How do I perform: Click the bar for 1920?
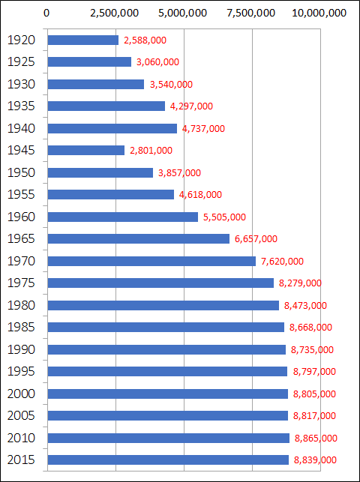coord(82,40)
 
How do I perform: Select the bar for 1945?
coord(85,150)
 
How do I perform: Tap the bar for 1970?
coord(151,261)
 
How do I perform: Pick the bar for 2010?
coord(168,438)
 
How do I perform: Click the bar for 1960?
coord(122,217)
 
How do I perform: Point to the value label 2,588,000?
coord(145,40)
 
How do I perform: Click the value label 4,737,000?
coord(203,128)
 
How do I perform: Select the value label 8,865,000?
coord(315,438)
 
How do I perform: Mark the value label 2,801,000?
coord(151,151)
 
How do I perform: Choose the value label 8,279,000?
coord(300,283)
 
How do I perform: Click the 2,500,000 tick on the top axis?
coord(115,13)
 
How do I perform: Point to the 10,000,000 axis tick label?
coord(319,13)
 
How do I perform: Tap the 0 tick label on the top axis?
coord(47,13)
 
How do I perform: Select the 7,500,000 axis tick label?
coord(252,13)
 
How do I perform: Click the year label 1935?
coord(19,106)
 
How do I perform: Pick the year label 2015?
coord(19,460)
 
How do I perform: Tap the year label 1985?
coord(19,327)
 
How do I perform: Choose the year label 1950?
coord(19,172)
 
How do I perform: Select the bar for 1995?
coord(167,371)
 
